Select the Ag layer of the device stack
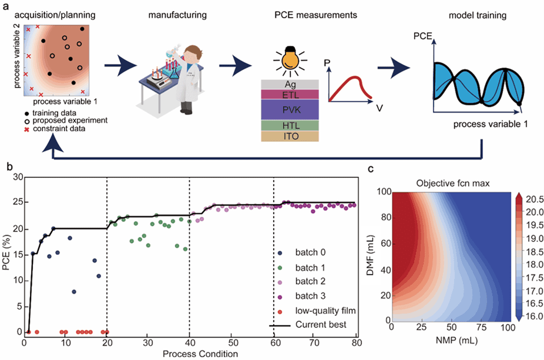[290, 85]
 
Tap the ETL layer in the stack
[290, 95]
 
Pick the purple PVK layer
[290, 110]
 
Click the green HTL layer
[290, 126]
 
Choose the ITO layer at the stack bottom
[290, 136]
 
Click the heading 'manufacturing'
[177, 15]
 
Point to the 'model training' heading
[478, 16]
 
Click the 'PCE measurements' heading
[315, 15]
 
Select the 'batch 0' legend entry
[301, 253]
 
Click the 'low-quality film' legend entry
[317, 311]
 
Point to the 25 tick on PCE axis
[18, 202]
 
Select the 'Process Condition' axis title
[200, 354]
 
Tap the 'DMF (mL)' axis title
[371, 255]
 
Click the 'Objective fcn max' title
[453, 183]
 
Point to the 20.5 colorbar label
[535, 199]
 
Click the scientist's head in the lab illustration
[192, 55]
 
